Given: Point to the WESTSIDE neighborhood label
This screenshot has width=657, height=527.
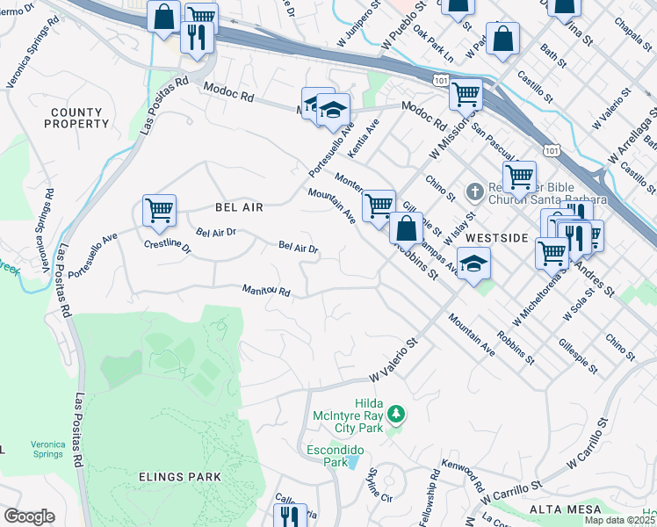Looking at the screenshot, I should (496, 238).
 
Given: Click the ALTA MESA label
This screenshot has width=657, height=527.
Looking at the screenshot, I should (565, 509).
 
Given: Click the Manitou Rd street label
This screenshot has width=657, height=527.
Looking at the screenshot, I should (266, 290).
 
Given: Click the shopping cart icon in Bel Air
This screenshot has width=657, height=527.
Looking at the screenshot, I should (159, 210).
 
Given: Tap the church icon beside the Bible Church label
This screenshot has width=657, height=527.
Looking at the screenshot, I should (473, 190).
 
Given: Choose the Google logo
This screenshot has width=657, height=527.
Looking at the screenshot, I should (29, 516).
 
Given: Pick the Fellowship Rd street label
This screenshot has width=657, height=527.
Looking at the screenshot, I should (428, 503).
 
